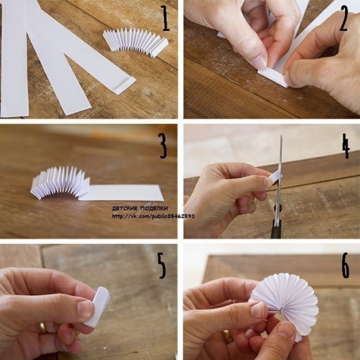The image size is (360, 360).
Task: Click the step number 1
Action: [165, 18]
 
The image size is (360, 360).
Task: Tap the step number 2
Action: [344, 18]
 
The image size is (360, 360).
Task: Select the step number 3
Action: [163, 146]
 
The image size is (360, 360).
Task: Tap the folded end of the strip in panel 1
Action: [125, 85]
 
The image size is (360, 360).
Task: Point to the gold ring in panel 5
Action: [42, 328]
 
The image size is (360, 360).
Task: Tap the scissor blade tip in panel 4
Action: [281, 136]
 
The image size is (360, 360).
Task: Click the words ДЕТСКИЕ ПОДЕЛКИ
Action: [140, 209]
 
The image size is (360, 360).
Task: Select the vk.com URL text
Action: [153, 216]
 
